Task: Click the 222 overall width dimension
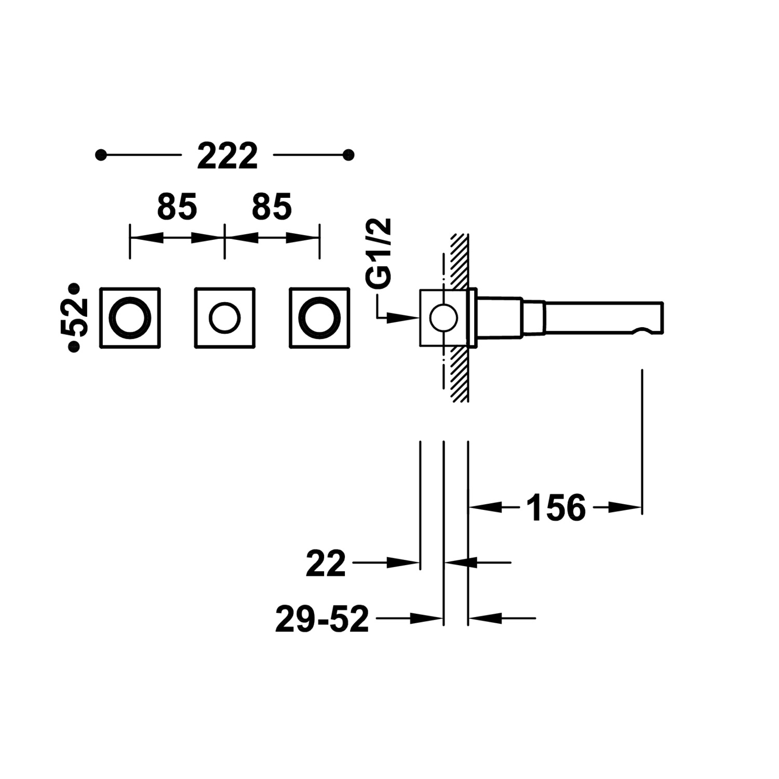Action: pos(227,156)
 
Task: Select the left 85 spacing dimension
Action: pos(177,207)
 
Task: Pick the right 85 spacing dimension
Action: pos(272,207)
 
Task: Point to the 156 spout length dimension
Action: pos(556,507)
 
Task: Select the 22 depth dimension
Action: pos(326,563)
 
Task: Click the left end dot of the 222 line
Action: pos(101,155)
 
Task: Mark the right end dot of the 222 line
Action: pos(349,155)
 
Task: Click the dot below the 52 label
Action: pos(74,348)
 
